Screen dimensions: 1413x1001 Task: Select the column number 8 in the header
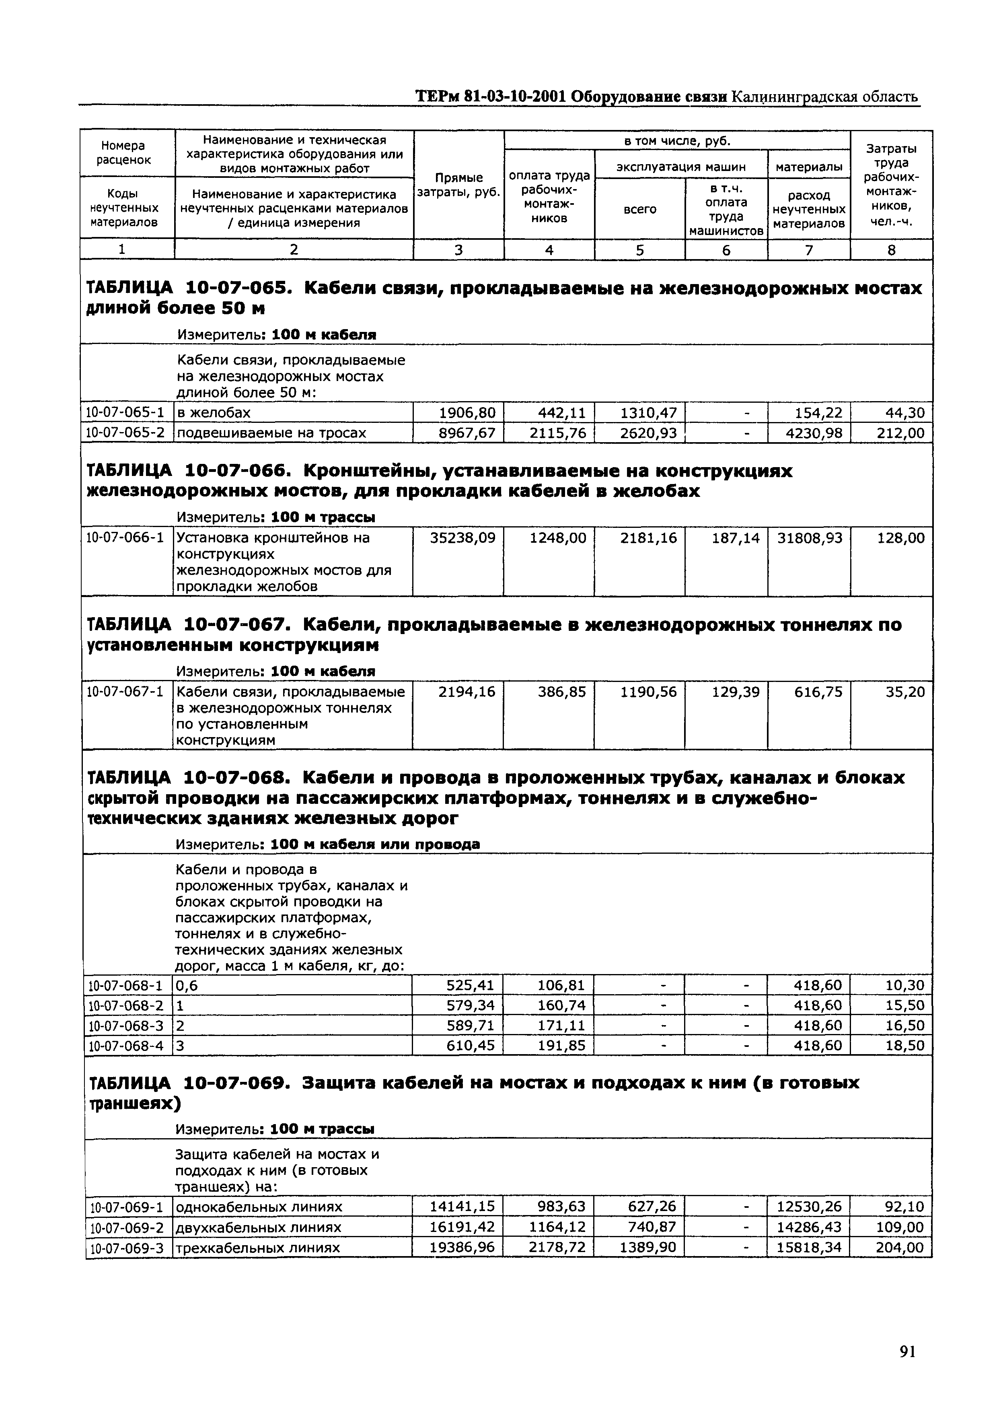891,250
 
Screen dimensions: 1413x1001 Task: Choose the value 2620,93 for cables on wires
648,433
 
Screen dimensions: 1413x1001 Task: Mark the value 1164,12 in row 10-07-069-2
557,1227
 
